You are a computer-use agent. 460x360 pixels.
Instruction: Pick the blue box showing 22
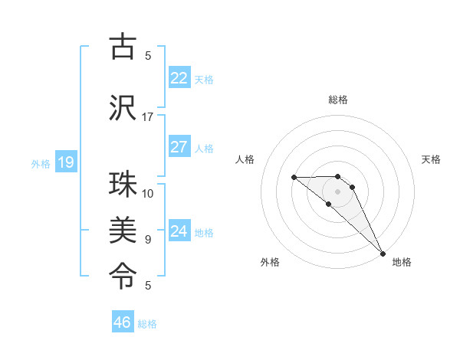(179, 77)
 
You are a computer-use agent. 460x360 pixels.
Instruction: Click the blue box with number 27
(179, 147)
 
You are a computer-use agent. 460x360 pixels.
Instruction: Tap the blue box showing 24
(179, 231)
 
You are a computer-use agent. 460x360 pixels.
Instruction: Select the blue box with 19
(65, 162)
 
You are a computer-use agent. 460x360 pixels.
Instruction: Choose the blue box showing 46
(123, 322)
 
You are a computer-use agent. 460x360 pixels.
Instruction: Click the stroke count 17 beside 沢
(148, 117)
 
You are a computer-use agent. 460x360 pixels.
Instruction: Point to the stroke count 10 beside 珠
(148, 193)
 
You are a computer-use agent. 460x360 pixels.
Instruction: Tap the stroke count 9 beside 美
(148, 240)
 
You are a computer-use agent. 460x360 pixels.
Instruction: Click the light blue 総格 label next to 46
(147, 324)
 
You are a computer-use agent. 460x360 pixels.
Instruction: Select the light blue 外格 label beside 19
(41, 163)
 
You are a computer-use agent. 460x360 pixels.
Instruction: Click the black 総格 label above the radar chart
(338, 100)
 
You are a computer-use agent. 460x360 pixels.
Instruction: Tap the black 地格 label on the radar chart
(402, 262)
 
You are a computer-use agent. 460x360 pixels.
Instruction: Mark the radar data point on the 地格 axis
(382, 253)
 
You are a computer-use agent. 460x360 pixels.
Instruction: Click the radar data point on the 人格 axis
(294, 178)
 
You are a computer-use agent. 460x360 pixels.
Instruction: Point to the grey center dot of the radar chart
(338, 191)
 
